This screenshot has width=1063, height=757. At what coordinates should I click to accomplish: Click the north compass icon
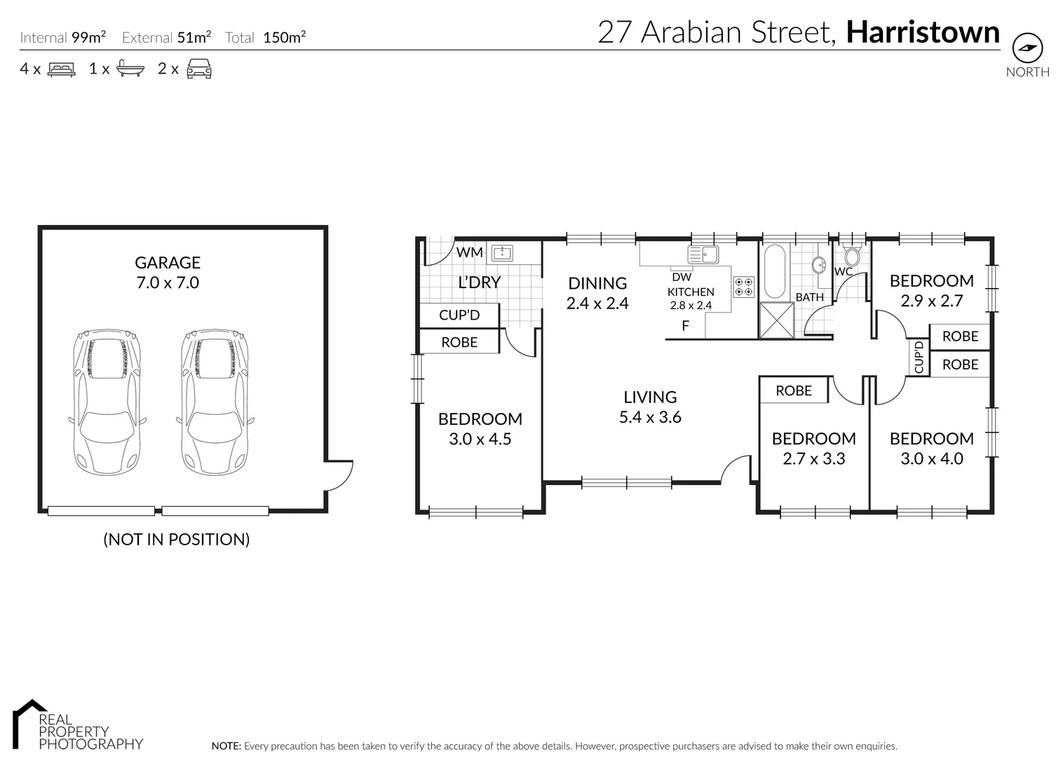coord(1027,48)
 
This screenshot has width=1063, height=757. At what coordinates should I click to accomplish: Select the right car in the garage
coord(215,403)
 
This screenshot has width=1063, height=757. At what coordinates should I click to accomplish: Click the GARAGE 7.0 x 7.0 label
coord(168,273)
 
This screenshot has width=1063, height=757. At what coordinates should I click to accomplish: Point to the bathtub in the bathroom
coord(775,272)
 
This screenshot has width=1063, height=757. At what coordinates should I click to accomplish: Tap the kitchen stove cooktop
coord(743,286)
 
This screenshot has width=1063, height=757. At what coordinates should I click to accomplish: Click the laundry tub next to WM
coord(502,252)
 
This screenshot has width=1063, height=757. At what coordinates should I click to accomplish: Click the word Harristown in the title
coord(923,32)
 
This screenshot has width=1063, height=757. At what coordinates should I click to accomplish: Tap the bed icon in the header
coord(61,69)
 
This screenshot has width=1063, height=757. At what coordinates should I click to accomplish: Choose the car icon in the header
coord(199,69)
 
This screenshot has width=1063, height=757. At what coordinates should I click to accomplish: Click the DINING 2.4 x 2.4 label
coord(597,293)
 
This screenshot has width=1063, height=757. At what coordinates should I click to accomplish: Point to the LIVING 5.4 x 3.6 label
coord(650,407)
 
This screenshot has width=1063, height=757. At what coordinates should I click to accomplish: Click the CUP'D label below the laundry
coord(459,315)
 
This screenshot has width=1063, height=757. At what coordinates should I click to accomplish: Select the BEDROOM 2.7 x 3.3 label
coord(813,449)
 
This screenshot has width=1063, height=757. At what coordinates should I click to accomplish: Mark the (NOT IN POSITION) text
coord(177,539)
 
